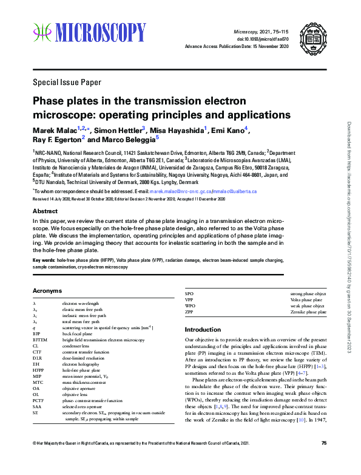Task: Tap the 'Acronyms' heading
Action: pyautogui.click(x=47, y=291)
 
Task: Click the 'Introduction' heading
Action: pyautogui.click(x=203, y=329)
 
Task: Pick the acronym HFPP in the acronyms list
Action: pyautogui.click(x=38, y=369)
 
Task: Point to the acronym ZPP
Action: pyautogui.click(x=189, y=312)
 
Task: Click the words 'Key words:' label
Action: pyautogui.click(x=44, y=260)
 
